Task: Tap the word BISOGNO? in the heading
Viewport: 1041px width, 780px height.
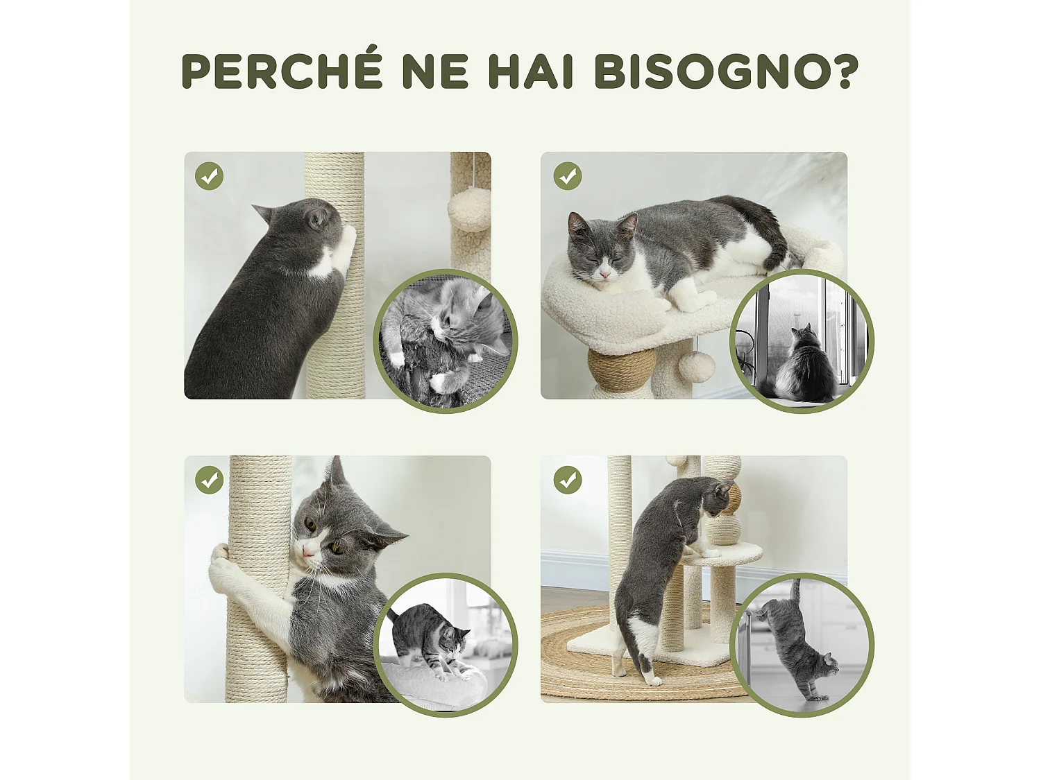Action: pos(726,71)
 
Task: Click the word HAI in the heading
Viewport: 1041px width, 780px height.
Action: pos(531,71)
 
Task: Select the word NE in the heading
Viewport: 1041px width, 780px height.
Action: pos(435,71)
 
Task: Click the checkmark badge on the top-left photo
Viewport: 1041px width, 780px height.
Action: pos(209,176)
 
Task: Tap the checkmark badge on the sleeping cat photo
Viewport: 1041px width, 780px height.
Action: pos(567,176)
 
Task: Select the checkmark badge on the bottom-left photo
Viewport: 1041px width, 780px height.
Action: pos(209,480)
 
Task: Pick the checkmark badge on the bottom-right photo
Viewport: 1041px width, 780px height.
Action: pos(567,480)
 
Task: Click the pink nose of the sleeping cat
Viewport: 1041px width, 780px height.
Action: pos(605,275)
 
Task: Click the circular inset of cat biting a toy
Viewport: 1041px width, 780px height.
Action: pos(446,341)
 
